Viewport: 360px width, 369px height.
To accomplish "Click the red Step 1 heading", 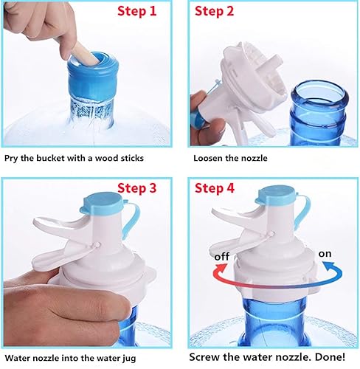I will tap(146, 12).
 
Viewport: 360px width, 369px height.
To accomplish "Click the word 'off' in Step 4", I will tap(221, 256).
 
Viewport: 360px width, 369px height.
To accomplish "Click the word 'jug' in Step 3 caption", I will tap(156, 356).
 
